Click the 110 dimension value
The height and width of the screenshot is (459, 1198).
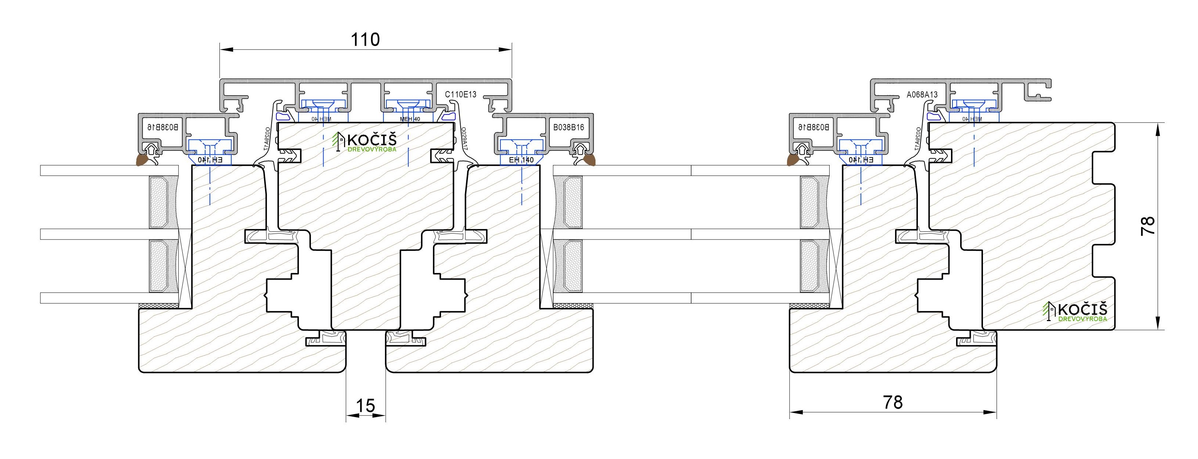[x=365, y=40]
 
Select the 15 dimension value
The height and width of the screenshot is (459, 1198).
[x=365, y=405]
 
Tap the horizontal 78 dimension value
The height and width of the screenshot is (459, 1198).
[x=893, y=402]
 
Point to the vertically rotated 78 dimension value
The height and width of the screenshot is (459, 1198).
[x=1148, y=226]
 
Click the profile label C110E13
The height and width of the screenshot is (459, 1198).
[x=460, y=95]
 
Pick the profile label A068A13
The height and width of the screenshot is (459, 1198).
[x=922, y=95]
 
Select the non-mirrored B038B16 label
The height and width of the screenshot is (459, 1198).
[x=568, y=127]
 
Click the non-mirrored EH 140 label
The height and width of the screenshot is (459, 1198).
[x=521, y=160]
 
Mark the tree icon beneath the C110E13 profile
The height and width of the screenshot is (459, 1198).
[x=337, y=140]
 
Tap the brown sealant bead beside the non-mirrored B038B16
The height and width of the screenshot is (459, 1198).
[x=589, y=161]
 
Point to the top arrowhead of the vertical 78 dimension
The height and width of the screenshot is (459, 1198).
[x=1158, y=128]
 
